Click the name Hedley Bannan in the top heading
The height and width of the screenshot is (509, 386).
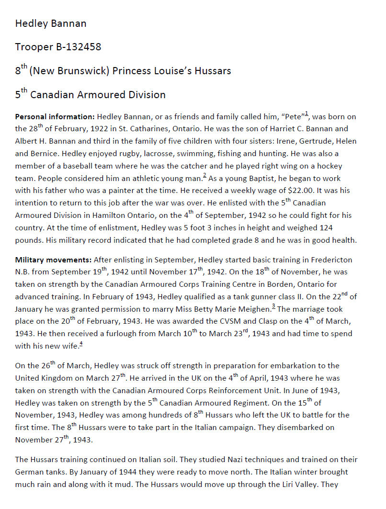coord(51,23)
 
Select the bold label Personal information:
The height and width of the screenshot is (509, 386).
coord(55,116)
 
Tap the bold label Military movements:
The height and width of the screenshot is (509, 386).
coord(53,260)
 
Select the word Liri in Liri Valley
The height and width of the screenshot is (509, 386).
coord(285,484)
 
